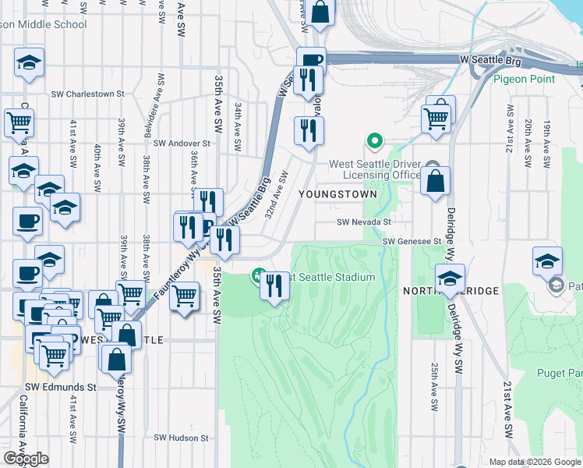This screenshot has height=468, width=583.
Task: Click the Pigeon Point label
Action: (x=524, y=79)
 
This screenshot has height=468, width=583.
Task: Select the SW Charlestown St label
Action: (x=87, y=94)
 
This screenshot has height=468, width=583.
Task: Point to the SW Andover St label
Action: (x=182, y=144)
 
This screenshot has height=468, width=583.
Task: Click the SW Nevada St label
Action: (x=362, y=222)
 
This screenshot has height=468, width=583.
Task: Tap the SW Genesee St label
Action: (x=412, y=241)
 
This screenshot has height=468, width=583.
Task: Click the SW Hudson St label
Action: (x=183, y=438)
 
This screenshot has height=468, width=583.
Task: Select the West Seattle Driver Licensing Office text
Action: (x=375, y=169)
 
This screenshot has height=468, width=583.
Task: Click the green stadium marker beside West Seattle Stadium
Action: (x=257, y=275)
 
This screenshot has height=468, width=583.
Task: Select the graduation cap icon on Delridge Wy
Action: (x=450, y=278)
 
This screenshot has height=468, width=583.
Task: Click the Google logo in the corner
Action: (x=26, y=459)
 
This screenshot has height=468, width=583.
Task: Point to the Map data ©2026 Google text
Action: (x=535, y=462)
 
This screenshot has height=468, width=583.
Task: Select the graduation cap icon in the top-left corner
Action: (x=30, y=62)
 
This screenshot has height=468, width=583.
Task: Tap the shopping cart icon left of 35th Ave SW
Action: (x=185, y=296)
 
